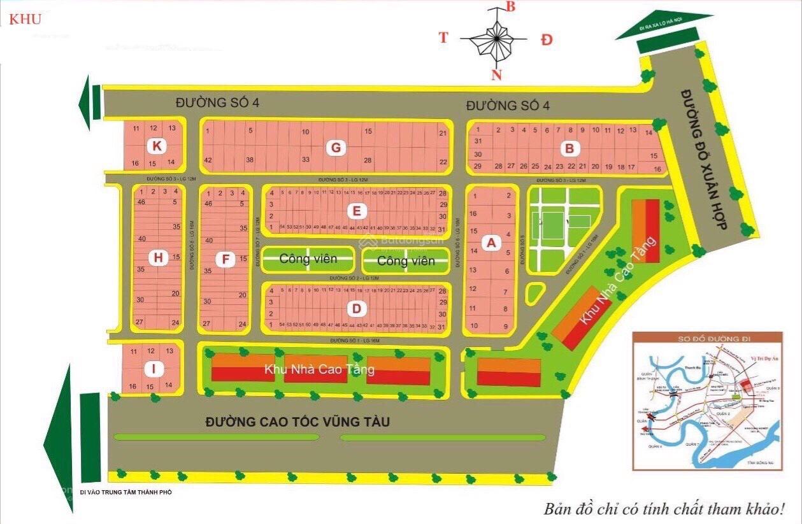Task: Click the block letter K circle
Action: tap(156, 146)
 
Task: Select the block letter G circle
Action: tap(335, 148)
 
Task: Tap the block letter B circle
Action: tap(570, 149)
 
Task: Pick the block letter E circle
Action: tap(357, 211)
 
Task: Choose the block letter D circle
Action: tap(357, 309)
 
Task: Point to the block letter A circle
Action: tap(491, 243)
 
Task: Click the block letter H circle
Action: tap(157, 258)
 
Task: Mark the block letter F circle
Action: tap(224, 258)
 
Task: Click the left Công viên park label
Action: tap(308, 259)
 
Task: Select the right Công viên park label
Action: tap(406, 260)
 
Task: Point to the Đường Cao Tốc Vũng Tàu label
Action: tap(297, 421)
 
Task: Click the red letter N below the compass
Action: tap(496, 75)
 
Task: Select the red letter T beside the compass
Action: tap(443, 38)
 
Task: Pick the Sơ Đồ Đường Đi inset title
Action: tap(707, 338)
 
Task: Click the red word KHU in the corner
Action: tap(25, 19)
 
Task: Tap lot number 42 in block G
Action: tap(208, 160)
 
